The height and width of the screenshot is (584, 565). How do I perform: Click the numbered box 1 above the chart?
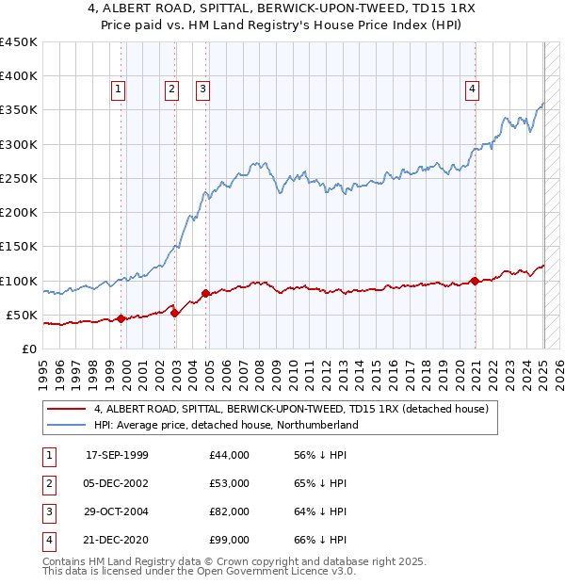[x=119, y=89]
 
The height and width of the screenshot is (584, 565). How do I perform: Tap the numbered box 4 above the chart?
[x=471, y=89]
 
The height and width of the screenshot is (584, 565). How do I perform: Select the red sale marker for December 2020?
[x=476, y=281]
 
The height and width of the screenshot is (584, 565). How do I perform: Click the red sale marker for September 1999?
[x=121, y=318]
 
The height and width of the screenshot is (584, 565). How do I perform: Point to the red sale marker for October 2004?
[x=207, y=293]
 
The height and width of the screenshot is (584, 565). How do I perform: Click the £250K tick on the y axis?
[x=19, y=178]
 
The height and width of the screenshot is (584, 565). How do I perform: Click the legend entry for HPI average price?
[x=226, y=426]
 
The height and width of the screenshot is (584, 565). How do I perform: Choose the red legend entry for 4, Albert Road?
[x=290, y=410]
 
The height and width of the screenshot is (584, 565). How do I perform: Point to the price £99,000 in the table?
[x=230, y=540]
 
